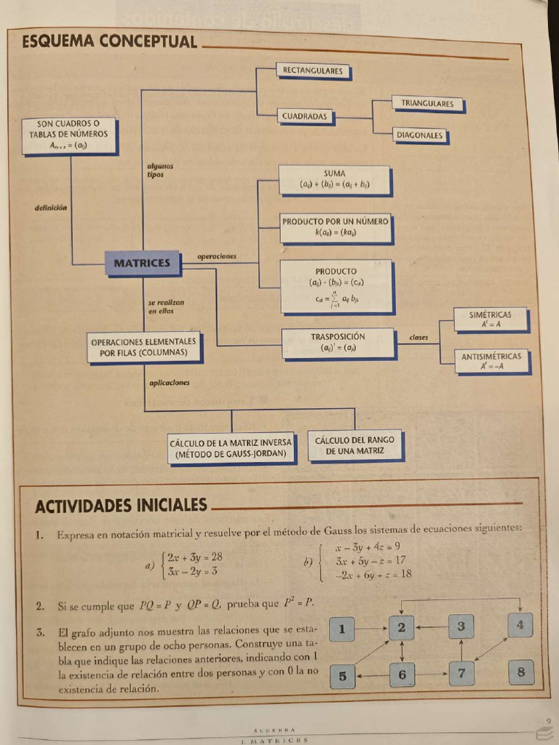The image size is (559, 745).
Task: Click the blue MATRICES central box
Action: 142,263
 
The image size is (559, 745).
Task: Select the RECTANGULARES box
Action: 312,71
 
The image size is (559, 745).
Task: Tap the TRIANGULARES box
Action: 427,103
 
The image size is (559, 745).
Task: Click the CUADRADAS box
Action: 305,116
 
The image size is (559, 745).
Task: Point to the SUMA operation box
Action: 334,180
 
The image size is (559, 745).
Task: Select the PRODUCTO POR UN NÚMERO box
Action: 335,227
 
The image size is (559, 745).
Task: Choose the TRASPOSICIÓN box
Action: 338,343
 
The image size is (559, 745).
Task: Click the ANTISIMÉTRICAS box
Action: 491,361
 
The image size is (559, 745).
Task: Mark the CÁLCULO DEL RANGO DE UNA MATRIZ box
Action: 354,445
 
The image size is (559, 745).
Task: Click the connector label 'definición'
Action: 51,208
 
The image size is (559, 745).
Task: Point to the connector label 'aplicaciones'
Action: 169,383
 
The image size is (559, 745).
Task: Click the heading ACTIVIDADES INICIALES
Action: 122,505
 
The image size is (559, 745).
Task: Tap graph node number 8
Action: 520,672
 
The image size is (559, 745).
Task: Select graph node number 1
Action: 341,627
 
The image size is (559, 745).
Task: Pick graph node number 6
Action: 401,676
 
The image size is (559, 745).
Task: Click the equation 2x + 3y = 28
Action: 194,557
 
